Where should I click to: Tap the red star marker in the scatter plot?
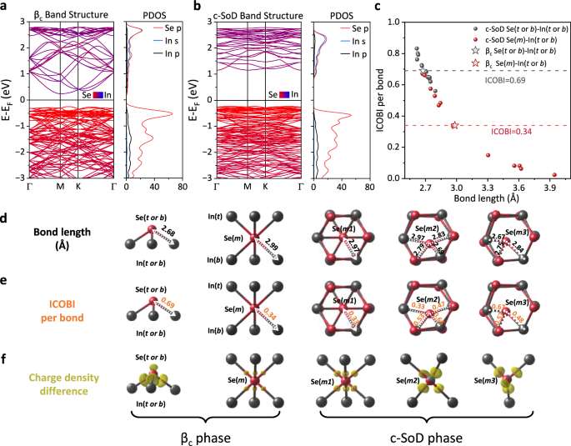pos(455,126)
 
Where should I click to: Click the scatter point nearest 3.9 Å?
pos(554,175)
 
